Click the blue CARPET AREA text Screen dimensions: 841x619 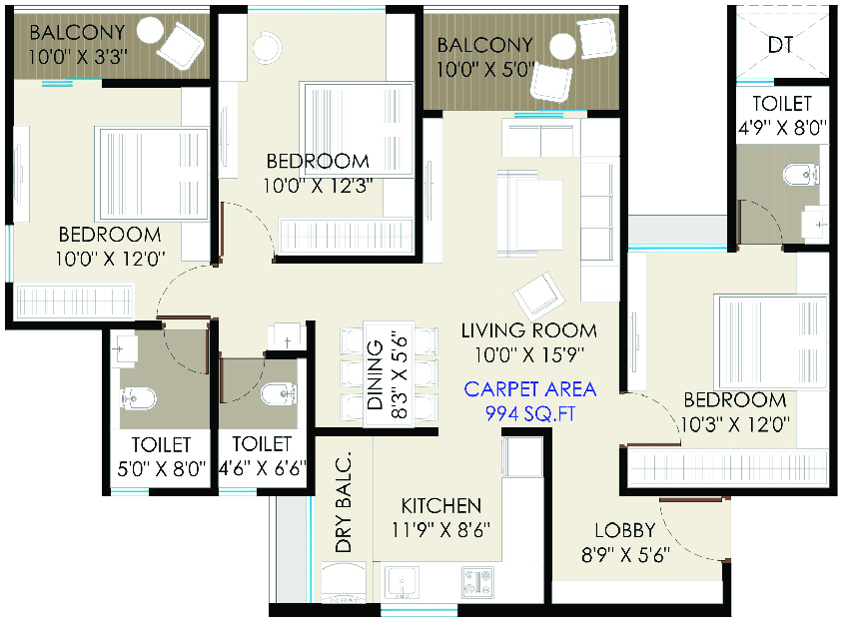point(530,389)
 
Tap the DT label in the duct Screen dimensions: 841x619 point(780,45)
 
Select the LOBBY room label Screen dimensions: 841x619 point(625,530)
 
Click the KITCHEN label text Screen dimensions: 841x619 point(440,505)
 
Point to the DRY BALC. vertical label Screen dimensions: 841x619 point(343,502)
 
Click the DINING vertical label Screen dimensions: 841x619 point(375,374)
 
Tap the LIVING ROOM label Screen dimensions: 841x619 point(528,330)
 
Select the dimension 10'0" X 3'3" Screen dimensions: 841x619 point(77,56)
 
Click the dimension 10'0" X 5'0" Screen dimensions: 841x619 point(485,69)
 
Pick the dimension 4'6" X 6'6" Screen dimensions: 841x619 point(262,468)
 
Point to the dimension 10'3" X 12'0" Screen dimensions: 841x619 point(735,424)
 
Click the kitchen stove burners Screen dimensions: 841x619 point(477,582)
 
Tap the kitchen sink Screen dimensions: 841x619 point(402,582)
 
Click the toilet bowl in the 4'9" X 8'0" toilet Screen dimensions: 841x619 point(801,175)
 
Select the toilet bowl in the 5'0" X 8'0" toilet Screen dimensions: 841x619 point(138,398)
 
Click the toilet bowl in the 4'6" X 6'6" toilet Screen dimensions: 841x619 point(279,394)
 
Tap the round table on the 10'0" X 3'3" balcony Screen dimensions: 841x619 point(150,30)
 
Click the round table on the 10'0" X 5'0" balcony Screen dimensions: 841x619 point(562,47)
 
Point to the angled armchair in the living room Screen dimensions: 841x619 point(538,296)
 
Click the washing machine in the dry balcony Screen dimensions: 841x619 point(344,582)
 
